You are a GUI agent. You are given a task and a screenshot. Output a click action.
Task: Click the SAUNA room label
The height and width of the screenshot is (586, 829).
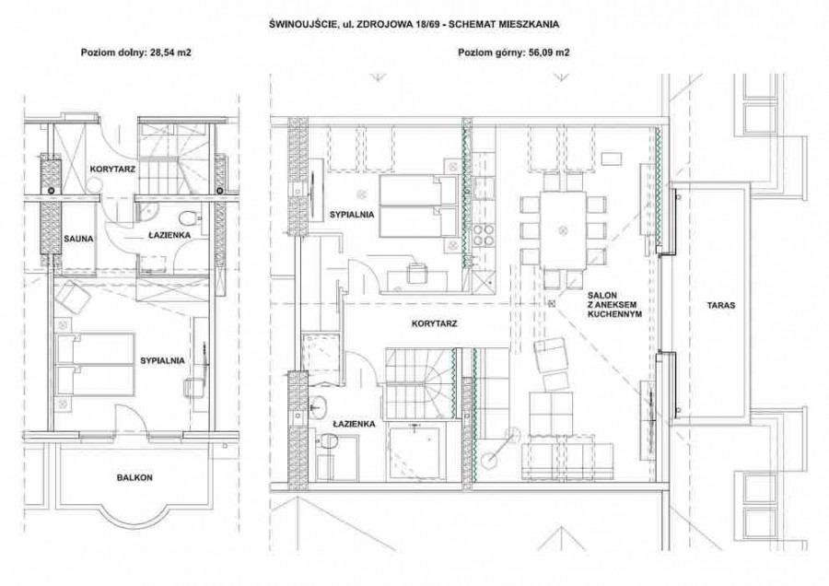pos(79,239)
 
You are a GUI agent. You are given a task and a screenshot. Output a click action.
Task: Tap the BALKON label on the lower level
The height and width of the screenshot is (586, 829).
pos(134,477)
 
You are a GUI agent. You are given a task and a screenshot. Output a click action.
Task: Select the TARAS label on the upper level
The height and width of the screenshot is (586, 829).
pos(721,305)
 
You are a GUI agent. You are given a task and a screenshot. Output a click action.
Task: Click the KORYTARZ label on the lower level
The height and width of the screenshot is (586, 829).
pos(112,170)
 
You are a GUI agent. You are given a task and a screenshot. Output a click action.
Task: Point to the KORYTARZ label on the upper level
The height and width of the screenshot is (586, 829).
pos(434,323)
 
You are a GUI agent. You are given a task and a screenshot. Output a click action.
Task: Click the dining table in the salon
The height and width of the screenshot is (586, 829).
pos(563,230)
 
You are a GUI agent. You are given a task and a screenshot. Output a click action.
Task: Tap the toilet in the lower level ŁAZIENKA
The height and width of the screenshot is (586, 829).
pos(187,217)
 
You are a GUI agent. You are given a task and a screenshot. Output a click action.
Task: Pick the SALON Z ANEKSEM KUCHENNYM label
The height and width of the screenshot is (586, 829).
pos(614,305)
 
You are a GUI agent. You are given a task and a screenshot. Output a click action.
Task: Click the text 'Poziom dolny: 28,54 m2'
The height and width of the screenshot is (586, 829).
pos(136,53)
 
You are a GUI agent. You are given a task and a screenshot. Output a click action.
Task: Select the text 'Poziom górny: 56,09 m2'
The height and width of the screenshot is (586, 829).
pos(513,53)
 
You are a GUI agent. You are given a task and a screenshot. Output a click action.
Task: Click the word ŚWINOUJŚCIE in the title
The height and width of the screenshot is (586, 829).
pos(300,24)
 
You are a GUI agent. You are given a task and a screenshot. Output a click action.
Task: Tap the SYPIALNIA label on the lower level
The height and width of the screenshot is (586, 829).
pos(162,360)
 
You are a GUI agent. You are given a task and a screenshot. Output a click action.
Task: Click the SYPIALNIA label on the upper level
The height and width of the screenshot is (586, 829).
pos(352,215)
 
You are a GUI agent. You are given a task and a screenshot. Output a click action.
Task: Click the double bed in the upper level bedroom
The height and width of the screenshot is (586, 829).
pos(417,206)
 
